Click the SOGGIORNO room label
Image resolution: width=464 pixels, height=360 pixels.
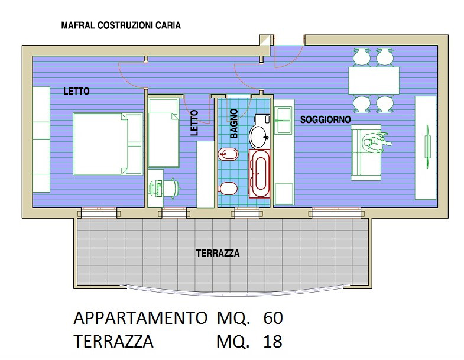click(326, 119)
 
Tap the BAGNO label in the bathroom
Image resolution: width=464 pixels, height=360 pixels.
click(234, 124)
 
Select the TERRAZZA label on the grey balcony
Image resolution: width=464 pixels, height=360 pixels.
click(218, 254)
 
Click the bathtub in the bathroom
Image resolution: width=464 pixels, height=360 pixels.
click(259, 173)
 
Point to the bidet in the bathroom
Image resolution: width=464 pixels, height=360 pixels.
click(228, 154)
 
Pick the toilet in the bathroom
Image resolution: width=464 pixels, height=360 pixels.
click(228, 189)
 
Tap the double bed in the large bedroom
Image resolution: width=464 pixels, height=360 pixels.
click(108, 144)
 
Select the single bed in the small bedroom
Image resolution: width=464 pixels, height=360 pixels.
click(164, 132)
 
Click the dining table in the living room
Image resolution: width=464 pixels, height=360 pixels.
click(374, 80)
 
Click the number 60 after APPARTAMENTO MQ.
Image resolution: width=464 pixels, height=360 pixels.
click(273, 318)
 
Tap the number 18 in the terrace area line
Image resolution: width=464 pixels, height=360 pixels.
click(272, 341)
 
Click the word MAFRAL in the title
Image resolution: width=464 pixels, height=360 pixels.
click(78, 25)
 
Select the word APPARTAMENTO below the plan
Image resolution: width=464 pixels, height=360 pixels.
click(140, 318)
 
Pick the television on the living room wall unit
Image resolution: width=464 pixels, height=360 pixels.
click(427, 147)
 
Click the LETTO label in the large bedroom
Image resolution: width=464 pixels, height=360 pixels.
click(76, 91)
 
